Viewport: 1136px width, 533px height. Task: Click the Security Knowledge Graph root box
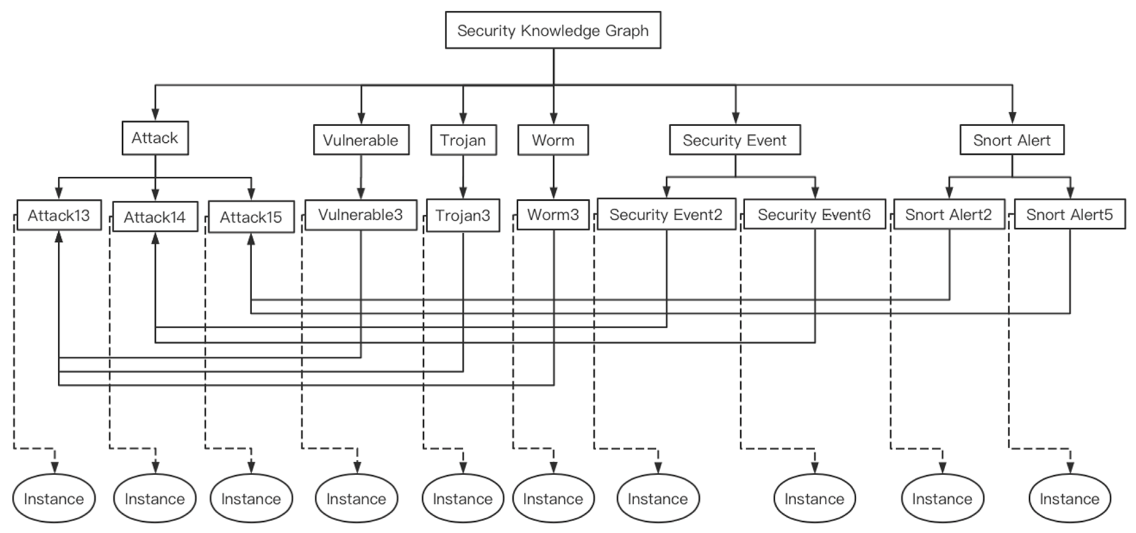[x=553, y=30]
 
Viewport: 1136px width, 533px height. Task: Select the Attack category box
[x=155, y=138]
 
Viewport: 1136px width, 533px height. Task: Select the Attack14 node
[x=155, y=217]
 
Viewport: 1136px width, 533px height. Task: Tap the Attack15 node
[x=251, y=217]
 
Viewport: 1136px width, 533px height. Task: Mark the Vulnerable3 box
[x=361, y=215]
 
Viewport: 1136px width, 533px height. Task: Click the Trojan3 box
[x=463, y=215]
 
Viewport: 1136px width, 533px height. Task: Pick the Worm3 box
[x=553, y=215]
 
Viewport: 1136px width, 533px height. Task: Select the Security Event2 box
[x=666, y=214]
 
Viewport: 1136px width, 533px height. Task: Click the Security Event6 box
[x=814, y=214]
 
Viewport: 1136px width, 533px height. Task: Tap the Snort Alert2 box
[x=949, y=214]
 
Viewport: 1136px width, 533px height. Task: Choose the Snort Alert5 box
[x=1069, y=214]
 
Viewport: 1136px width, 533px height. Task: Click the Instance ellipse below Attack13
[x=54, y=499]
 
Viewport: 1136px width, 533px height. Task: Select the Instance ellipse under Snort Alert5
[x=1069, y=499]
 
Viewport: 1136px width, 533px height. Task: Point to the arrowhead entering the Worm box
[x=554, y=119]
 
